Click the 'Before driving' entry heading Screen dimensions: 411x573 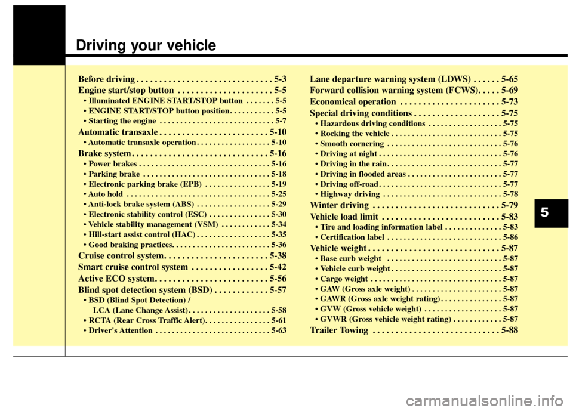106,79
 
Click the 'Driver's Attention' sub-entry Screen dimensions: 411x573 119,330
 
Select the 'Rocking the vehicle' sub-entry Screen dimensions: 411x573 352,134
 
